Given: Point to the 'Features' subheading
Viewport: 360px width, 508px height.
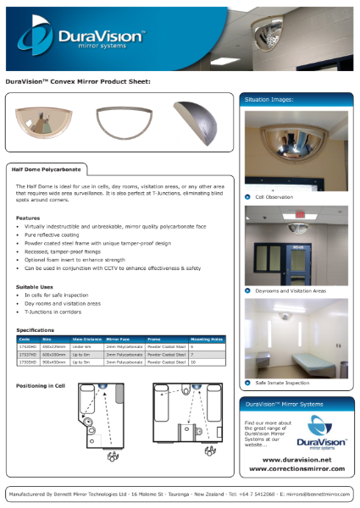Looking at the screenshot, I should point(28,218).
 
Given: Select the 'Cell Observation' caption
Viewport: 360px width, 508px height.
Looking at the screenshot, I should point(274,196).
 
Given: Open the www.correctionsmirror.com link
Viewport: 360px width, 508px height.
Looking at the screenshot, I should point(291,467).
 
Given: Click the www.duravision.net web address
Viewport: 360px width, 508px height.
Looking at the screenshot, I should point(291,456).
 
